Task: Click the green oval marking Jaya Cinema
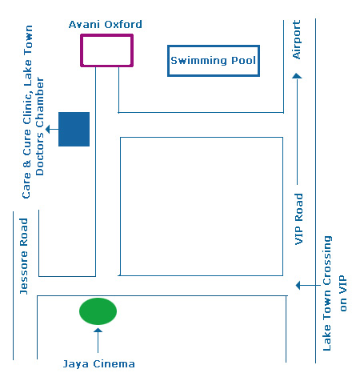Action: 98,311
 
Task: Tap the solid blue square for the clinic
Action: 74,129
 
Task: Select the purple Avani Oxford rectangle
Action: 81,50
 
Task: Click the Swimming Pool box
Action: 168,61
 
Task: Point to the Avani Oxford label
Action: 106,25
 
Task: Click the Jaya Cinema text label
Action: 98,364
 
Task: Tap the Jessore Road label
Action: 24,256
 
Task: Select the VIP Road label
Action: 298,219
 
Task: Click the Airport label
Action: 297,39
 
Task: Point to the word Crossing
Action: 327,260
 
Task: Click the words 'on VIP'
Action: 343,293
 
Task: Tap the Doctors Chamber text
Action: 40,126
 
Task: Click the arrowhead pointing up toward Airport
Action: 297,76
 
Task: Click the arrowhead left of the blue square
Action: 48,129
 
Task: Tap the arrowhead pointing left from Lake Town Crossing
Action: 298,285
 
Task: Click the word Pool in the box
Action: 243,61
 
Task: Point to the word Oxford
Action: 123,25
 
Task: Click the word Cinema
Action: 114,364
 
